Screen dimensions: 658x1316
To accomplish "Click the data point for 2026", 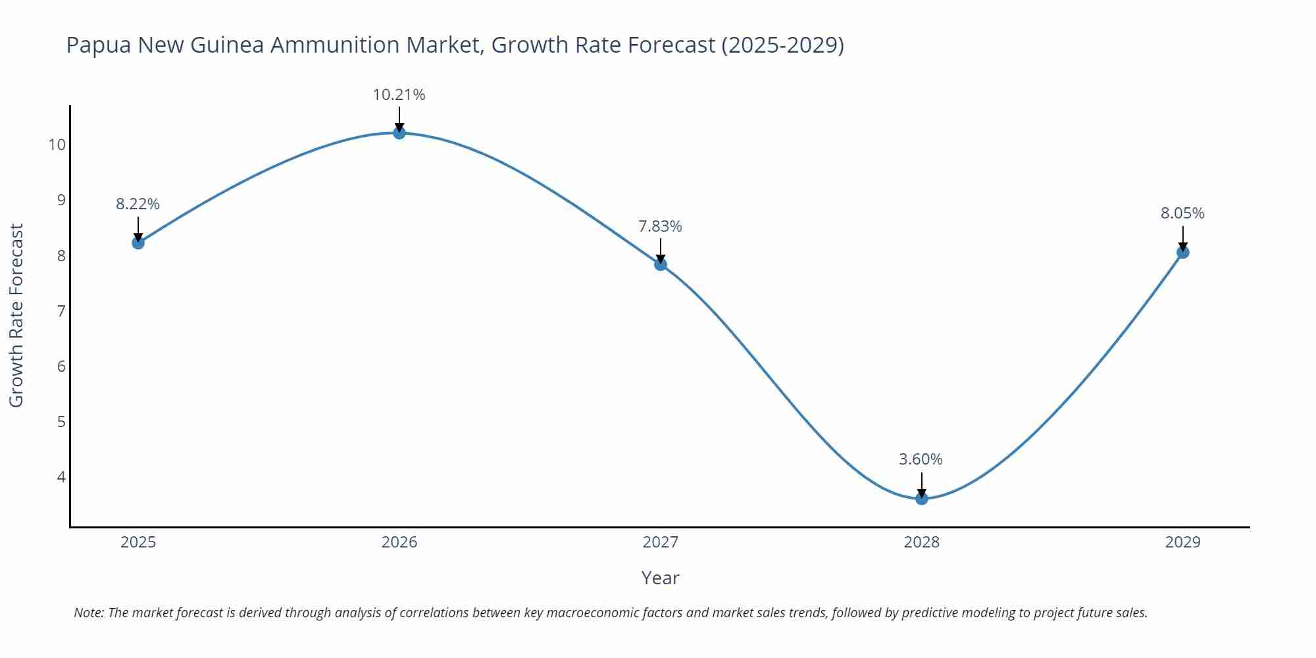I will [x=399, y=133].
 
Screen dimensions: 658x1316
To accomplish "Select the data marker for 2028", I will [x=921, y=498].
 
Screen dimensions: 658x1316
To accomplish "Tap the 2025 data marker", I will [x=138, y=243].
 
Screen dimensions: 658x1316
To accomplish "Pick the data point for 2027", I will [x=661, y=265].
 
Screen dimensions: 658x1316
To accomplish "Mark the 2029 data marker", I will [x=1182, y=252].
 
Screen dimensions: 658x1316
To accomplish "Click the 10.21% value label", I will [x=399, y=95].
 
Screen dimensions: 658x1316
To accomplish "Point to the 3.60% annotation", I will [x=921, y=459].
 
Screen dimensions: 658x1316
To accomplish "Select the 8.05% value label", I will [x=1182, y=213].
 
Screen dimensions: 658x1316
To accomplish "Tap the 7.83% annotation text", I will [x=660, y=226].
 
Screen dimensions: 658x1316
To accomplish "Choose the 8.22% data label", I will [x=138, y=204].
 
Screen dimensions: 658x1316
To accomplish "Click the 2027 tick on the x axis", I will [x=660, y=542].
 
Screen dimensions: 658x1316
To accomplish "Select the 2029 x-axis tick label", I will [x=1182, y=542].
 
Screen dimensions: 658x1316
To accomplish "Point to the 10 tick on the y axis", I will [x=57, y=145].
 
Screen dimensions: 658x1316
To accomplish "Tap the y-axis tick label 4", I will [x=62, y=476].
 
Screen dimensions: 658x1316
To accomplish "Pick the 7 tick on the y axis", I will [x=62, y=311].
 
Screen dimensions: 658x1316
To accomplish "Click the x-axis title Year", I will [x=660, y=578].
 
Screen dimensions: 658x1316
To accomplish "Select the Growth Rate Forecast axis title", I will [x=16, y=315].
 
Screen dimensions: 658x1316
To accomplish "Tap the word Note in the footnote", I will [x=88, y=613].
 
